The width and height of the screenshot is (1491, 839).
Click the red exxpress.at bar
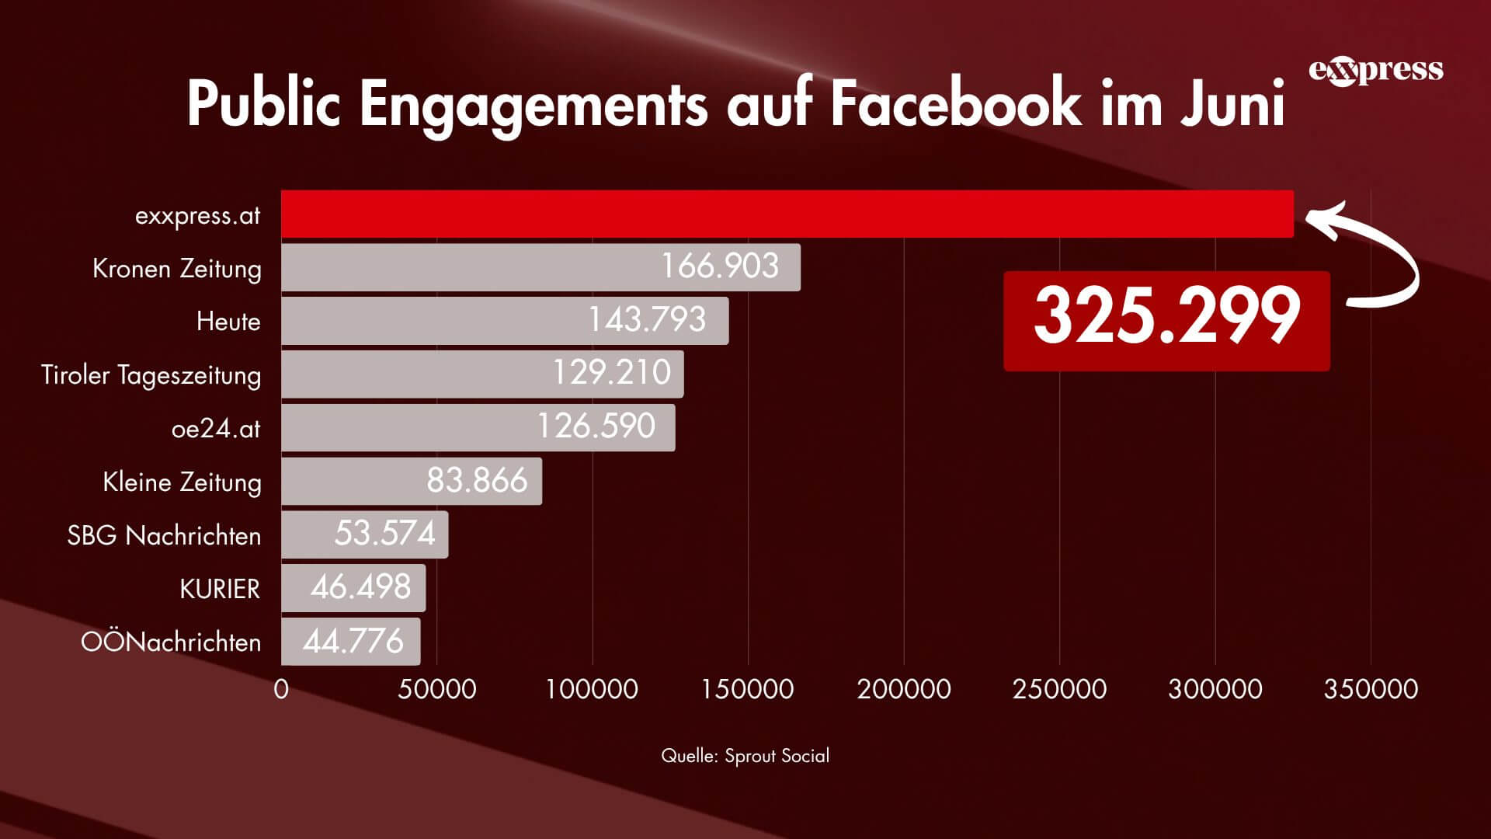coord(787,214)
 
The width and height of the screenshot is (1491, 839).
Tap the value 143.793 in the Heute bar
coord(647,320)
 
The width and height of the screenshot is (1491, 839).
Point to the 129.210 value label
coord(611,373)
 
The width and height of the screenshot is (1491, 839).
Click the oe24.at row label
coord(216,429)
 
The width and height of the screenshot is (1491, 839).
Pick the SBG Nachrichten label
coord(164,535)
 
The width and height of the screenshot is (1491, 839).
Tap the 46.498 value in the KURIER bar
coord(360,587)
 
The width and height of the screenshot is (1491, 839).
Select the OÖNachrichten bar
coord(350,641)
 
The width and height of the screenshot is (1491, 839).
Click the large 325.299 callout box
coord(1166,320)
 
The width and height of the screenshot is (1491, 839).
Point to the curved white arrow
coord(1375,256)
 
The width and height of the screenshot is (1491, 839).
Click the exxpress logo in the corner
coord(1375,71)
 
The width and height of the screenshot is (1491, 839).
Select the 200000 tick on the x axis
coord(904,689)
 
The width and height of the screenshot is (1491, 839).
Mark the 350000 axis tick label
coord(1371,689)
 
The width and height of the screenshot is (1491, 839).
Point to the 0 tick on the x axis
coord(281,689)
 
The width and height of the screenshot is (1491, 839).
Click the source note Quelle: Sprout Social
coord(745,756)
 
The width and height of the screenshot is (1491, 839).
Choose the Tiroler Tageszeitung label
coord(151,375)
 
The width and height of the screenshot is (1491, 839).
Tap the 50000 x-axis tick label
coord(437,689)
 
